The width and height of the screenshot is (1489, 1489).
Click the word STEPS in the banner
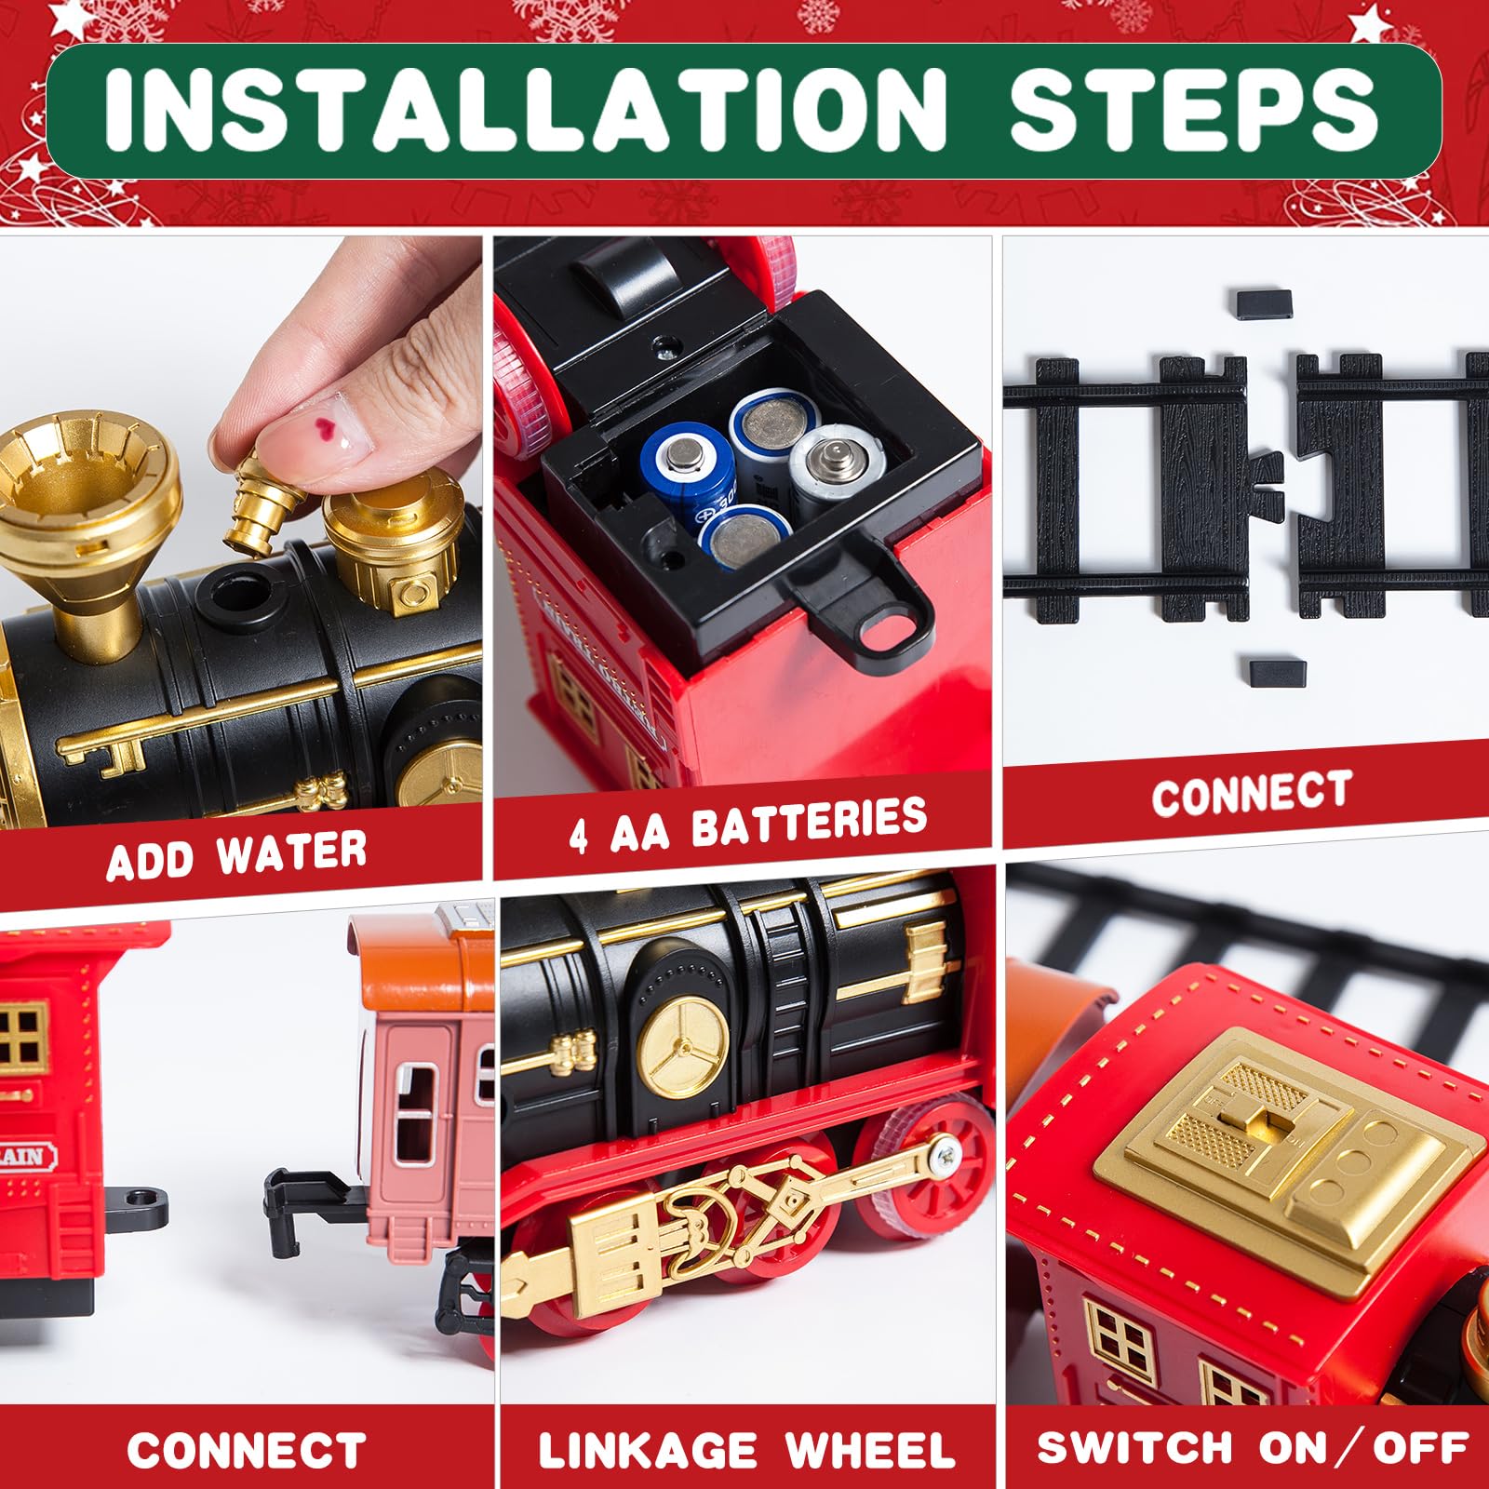tap(1193, 110)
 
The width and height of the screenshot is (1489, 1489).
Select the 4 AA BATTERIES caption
tap(748, 825)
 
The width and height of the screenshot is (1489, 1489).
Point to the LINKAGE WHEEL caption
tap(747, 1451)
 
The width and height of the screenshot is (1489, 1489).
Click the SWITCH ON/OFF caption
tap(1253, 1448)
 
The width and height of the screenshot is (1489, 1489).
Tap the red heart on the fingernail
tap(326, 428)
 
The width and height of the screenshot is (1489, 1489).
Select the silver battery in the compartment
tap(834, 470)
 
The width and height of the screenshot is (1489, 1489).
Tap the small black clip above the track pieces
tap(1265, 303)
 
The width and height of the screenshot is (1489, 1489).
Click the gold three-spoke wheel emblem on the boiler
tap(685, 1046)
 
